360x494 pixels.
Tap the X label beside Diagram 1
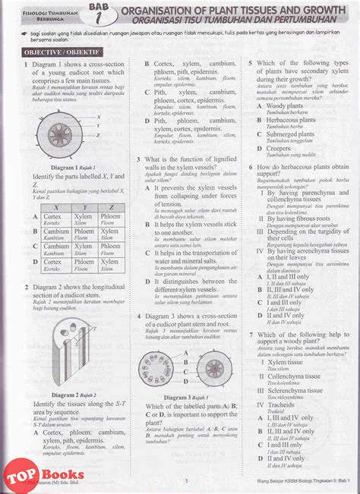[99, 116]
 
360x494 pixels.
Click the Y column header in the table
[83, 206]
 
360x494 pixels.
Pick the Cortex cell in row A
[53, 219]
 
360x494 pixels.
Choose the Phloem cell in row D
[110, 264]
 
